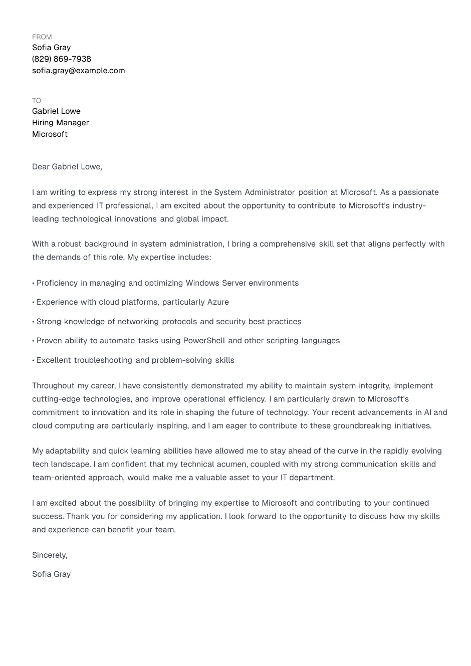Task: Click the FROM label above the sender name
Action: click(42, 37)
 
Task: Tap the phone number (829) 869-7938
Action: click(62, 59)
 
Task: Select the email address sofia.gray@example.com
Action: click(79, 71)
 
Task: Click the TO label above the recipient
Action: click(37, 101)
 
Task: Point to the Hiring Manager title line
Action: click(61, 123)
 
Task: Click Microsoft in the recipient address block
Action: click(50, 134)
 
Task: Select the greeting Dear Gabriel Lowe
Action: click(67, 167)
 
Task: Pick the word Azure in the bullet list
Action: click(218, 302)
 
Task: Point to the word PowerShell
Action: click(204, 341)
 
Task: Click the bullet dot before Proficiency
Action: click(34, 284)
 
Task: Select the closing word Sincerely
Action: click(49, 555)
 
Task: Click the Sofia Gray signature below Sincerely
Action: click(51, 574)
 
